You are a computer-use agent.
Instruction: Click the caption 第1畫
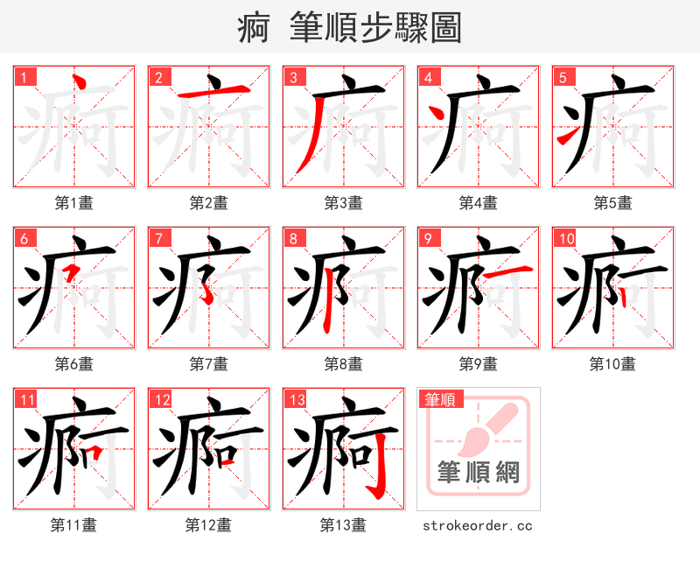click(x=74, y=203)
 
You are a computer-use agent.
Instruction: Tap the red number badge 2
click(x=158, y=78)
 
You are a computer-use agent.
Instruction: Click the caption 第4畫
click(x=479, y=203)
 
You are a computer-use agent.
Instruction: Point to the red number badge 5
click(x=563, y=78)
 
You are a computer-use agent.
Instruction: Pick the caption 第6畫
click(x=74, y=363)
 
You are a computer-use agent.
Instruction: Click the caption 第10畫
click(x=612, y=363)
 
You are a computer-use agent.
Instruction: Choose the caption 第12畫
click(x=208, y=524)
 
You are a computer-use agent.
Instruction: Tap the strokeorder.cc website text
click(x=478, y=526)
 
